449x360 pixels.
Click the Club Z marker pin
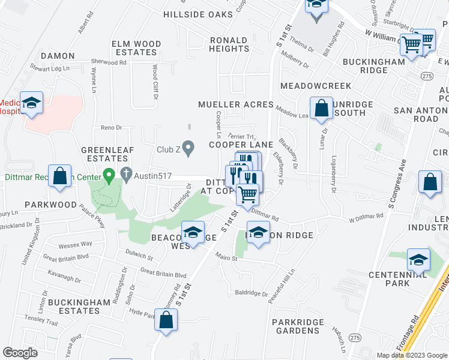point(189,148)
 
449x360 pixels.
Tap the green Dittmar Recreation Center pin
point(109,176)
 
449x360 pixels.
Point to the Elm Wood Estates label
point(136,48)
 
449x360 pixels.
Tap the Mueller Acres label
point(236,104)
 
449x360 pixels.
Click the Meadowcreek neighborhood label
point(315,86)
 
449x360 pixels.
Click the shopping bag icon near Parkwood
point(60,177)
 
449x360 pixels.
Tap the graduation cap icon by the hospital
point(31,101)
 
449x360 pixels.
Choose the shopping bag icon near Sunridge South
point(322,109)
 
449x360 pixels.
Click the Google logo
point(20,353)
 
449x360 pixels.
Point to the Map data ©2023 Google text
point(412,355)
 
